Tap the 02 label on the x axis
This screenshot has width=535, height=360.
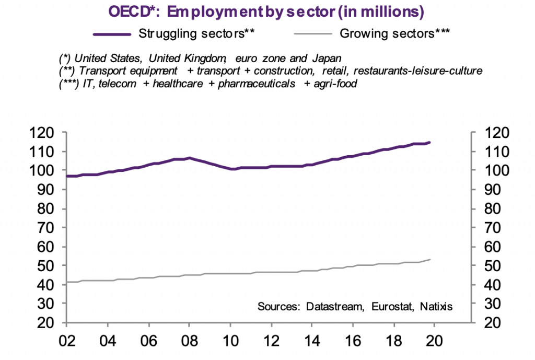coord(67,339)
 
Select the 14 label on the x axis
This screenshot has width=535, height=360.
coord(312,339)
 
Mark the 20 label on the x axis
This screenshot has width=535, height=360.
coord(435,339)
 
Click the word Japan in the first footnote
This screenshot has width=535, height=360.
coord(328,57)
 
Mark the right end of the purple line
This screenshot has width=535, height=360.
coord(429,142)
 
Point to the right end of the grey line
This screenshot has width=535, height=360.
coord(429,259)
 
